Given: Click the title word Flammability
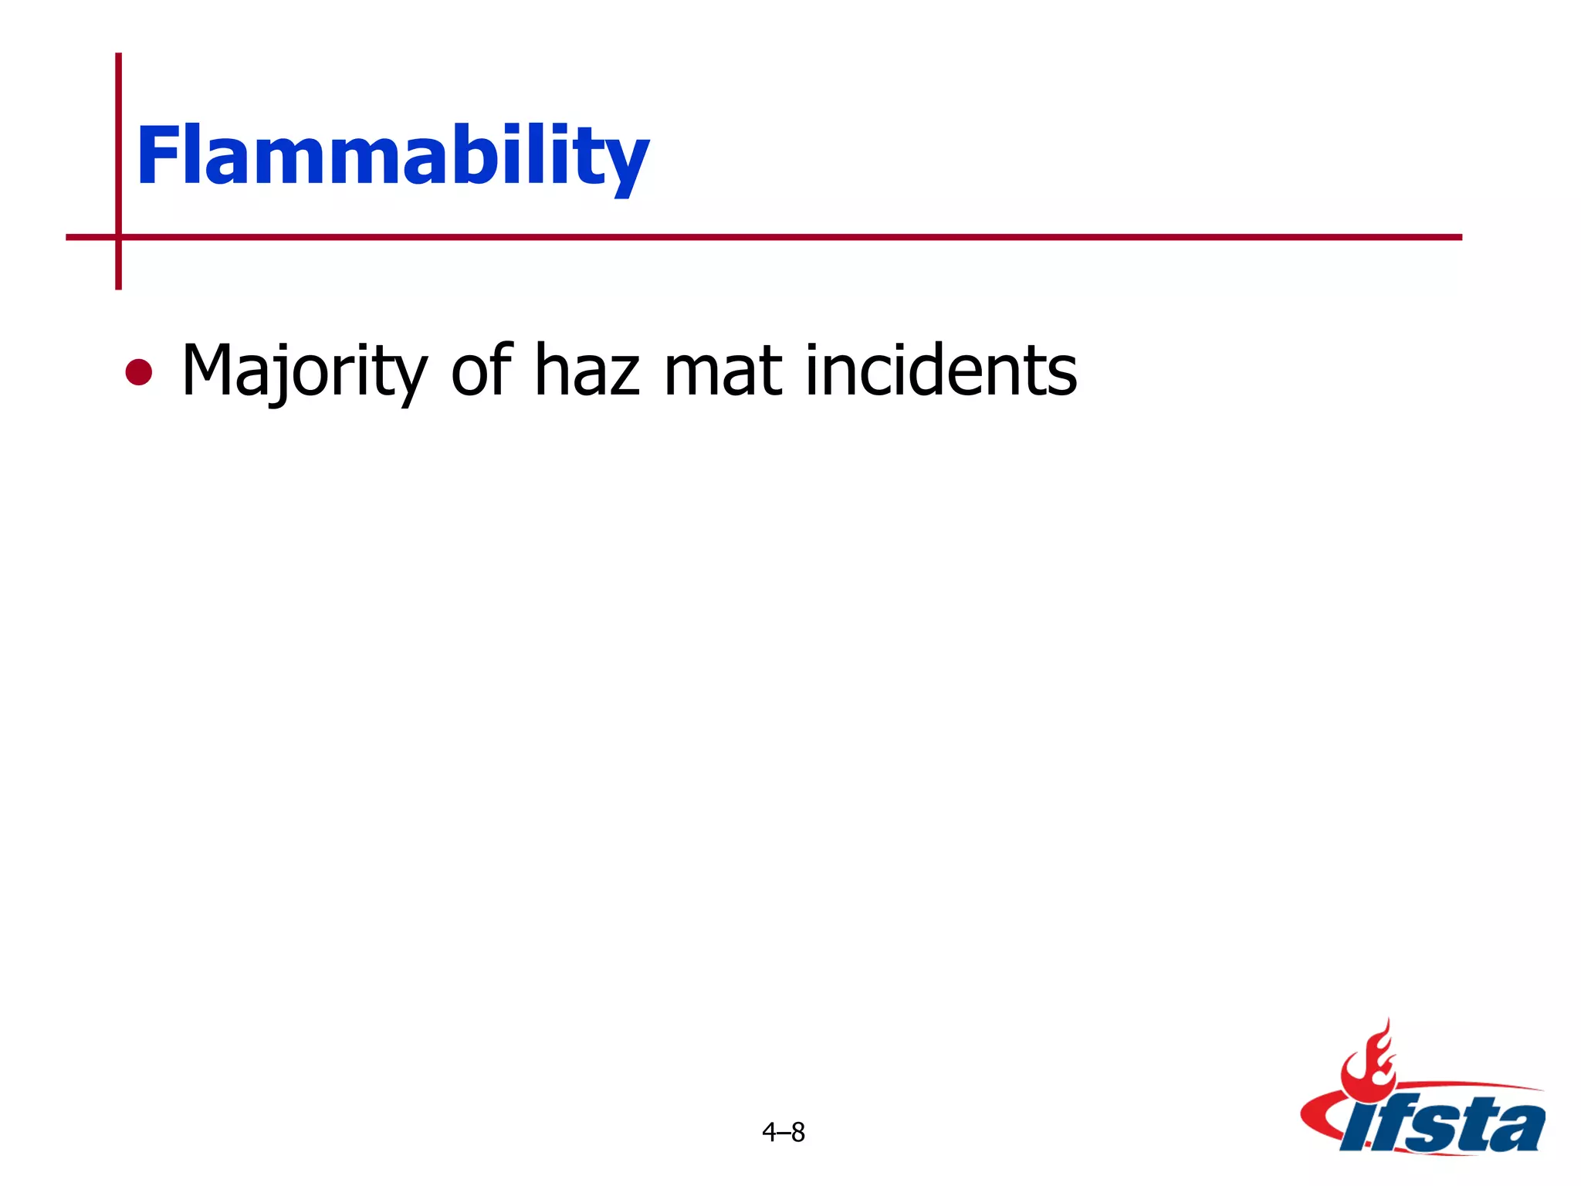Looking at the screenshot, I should (392, 157).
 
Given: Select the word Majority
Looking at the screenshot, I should (304, 371).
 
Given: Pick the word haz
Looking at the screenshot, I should (587, 371).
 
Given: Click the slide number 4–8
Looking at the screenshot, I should (783, 1132).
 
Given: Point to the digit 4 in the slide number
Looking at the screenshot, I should (769, 1132).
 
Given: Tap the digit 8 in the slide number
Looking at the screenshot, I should (798, 1132).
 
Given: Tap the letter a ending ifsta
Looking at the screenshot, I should (1517, 1126).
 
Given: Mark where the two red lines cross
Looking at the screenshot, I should (118, 237).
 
